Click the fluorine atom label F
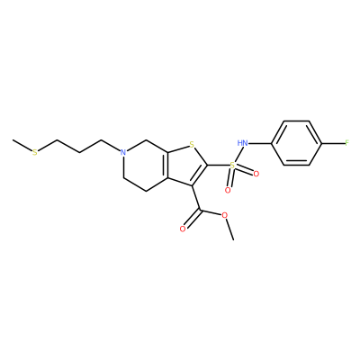pyautogui.click(x=346, y=143)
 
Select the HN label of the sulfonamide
pyautogui.click(x=242, y=143)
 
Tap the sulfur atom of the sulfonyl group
pyautogui.click(x=232, y=165)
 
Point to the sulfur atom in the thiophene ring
pyautogui.click(x=193, y=147)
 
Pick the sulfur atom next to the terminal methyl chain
pyautogui.click(x=35, y=153)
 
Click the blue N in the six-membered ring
pyautogui.click(x=122, y=152)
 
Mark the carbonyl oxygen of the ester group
pyautogui.click(x=182, y=229)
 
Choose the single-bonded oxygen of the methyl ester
pyautogui.click(x=225, y=215)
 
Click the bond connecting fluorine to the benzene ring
pyautogui.click(x=333, y=143)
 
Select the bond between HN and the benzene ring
pyautogui.click(x=260, y=143)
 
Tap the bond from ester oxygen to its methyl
pyautogui.click(x=229, y=229)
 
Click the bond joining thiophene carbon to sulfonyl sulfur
pyautogui.click(x=218, y=165)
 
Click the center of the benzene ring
pyautogui.click(x=297, y=143)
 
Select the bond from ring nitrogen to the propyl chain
pyautogui.click(x=110, y=146)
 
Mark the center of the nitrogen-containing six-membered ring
pyautogui.click(x=146, y=165)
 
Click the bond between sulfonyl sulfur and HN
pyautogui.click(x=237, y=155)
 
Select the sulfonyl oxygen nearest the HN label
pyautogui.click(x=256, y=174)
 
